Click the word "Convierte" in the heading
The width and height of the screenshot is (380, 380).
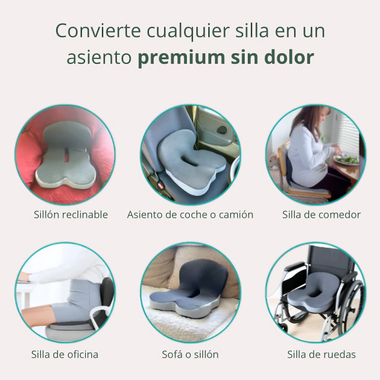[x=98, y=31]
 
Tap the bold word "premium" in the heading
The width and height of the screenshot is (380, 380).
[x=181, y=58]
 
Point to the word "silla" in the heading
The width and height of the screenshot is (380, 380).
[x=252, y=30]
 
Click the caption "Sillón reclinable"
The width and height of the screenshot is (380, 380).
[x=71, y=215]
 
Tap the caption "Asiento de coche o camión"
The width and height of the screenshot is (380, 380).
[x=190, y=215]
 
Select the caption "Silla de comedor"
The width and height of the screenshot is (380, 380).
[x=322, y=215]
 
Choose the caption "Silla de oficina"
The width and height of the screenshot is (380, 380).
[x=65, y=355]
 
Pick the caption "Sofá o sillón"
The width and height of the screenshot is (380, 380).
[x=190, y=355]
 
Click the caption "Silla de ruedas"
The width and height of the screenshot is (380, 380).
[x=322, y=355]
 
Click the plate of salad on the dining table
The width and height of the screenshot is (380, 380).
[x=346, y=160]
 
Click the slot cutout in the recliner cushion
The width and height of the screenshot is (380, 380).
[x=66, y=156]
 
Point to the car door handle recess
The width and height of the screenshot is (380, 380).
[x=222, y=130]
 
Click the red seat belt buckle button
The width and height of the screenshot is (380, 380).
[x=161, y=186]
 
